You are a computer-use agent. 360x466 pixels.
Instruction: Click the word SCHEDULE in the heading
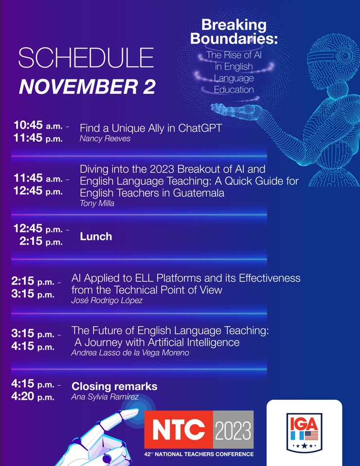(86, 58)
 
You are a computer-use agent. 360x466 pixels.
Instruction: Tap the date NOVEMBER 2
(87, 87)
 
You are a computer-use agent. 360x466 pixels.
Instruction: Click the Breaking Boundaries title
(234, 32)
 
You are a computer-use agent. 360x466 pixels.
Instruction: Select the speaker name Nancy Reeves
(105, 139)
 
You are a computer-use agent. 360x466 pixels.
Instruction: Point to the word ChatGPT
(200, 128)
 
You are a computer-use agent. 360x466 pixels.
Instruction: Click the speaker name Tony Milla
(97, 203)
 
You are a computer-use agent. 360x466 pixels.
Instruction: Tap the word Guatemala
(198, 193)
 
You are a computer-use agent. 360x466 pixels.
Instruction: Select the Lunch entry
(96, 236)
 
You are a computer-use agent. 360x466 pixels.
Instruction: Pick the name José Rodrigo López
(107, 301)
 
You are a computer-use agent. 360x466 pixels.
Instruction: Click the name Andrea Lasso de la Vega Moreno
(130, 353)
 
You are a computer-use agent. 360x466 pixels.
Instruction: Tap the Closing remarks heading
(114, 386)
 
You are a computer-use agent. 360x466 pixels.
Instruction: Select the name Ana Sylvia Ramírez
(105, 397)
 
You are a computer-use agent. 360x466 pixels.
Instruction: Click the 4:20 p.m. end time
(33, 396)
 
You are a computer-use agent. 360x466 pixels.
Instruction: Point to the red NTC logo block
(179, 430)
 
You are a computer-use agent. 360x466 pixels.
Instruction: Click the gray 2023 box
(234, 430)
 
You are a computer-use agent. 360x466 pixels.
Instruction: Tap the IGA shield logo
(304, 433)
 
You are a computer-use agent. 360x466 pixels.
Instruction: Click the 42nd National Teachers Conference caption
(199, 454)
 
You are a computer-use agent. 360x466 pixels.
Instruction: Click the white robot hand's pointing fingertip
(136, 411)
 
